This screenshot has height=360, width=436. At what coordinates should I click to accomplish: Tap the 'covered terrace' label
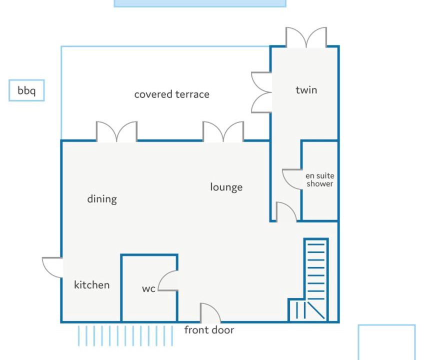point(171,94)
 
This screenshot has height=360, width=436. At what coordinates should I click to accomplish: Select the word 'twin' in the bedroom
point(306,90)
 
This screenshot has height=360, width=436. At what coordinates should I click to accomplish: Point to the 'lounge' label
point(226,187)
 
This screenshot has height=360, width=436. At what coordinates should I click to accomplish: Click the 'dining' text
point(102,199)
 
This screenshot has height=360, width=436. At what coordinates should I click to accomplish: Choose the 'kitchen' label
point(92,284)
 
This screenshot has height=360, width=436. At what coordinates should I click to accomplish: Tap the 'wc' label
point(148,288)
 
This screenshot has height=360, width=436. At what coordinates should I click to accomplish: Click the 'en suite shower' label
point(320,179)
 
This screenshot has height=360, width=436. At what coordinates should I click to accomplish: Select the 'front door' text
point(209,330)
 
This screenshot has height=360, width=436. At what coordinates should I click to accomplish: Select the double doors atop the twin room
point(306,37)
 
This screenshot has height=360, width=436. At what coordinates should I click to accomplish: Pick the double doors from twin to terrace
point(261,92)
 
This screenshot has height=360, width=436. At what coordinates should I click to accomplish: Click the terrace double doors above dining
point(116,131)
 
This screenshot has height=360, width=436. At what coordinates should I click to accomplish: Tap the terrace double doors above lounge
point(223,131)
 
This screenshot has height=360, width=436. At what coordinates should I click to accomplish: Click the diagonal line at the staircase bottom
point(316,310)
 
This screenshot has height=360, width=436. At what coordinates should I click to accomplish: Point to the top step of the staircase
point(316,244)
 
